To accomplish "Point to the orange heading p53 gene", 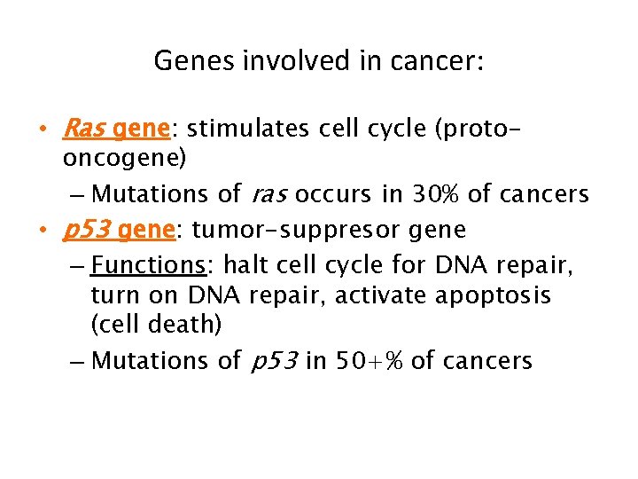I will [x=118, y=231].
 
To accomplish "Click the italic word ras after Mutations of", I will [x=271, y=193].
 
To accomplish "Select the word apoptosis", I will [x=493, y=294].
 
